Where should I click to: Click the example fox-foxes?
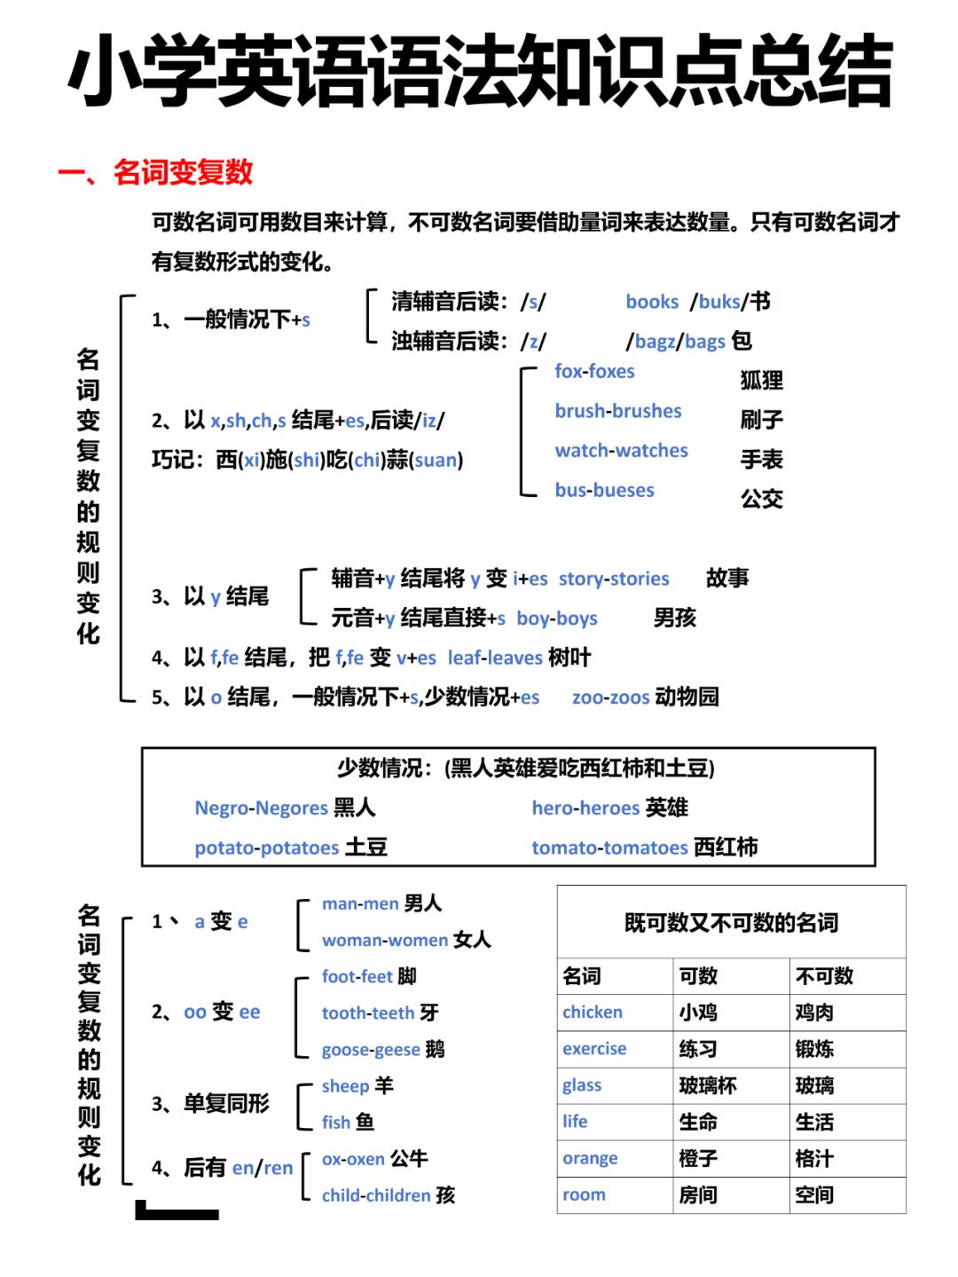[594, 372]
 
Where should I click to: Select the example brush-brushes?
[618, 411]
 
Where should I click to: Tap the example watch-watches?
[621, 451]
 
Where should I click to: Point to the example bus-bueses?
[604, 490]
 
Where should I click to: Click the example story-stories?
[614, 579]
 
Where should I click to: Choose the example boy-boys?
[557, 619]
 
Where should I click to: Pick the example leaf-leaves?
[495, 658]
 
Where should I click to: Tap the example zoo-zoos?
[610, 698]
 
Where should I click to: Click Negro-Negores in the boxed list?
[261, 808]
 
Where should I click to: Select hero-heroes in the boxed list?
[585, 808]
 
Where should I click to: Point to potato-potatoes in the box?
[266, 847]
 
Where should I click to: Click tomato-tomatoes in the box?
[609, 847]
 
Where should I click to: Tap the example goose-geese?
[371, 1050]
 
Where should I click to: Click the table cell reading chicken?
[593, 1013]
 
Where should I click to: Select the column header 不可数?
[824, 976]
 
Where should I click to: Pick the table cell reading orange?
[590, 1158]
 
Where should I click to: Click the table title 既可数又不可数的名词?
[731, 923]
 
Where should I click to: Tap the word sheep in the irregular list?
[345, 1086]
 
